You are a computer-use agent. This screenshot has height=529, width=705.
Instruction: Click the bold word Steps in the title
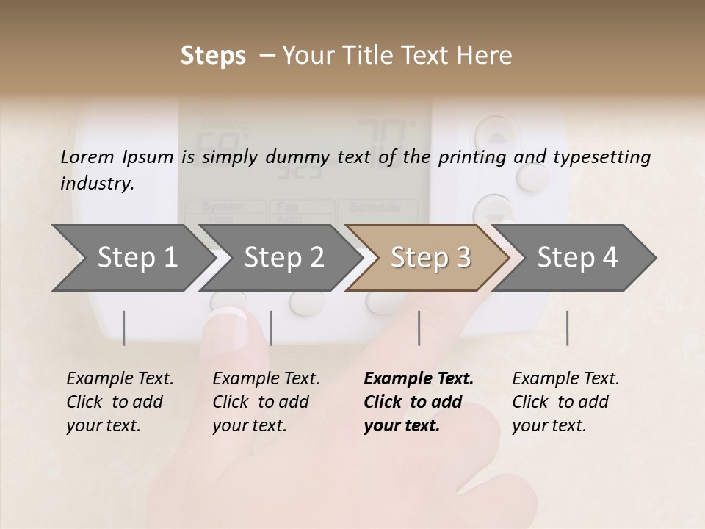pyautogui.click(x=213, y=56)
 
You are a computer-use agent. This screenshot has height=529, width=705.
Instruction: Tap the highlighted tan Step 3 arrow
pyautogui.click(x=430, y=257)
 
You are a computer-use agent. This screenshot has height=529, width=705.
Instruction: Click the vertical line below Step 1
pyautogui.click(x=124, y=328)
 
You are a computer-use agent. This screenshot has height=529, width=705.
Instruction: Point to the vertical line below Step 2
pyautogui.click(x=271, y=328)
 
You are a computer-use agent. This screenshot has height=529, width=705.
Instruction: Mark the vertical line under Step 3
pyautogui.click(x=419, y=328)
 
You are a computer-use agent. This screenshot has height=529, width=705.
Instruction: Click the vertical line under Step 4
pyautogui.click(x=568, y=328)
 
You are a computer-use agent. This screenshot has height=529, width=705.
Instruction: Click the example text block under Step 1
pyautogui.click(x=119, y=402)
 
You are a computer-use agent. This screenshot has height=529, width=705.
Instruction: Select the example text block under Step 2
pyautogui.click(x=265, y=402)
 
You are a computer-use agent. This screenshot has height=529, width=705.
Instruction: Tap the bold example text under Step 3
pyautogui.click(x=418, y=402)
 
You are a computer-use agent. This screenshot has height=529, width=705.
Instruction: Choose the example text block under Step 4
pyautogui.click(x=565, y=402)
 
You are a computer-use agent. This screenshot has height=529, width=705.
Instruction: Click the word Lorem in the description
pyautogui.click(x=87, y=156)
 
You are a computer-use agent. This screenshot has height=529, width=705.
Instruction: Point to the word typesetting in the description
pyautogui.click(x=607, y=156)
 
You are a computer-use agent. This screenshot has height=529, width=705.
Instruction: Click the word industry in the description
pyautogui.click(x=96, y=183)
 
